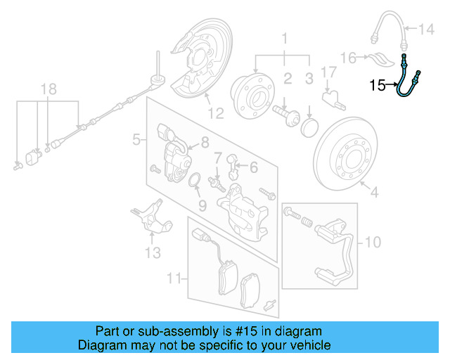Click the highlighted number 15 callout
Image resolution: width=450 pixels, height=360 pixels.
pyautogui.click(x=378, y=86)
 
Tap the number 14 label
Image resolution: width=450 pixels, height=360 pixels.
pyautogui.click(x=427, y=30)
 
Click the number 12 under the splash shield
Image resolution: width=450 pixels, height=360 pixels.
pyautogui.click(x=215, y=112)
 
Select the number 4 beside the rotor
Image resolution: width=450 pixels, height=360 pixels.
pyautogui.click(x=373, y=191)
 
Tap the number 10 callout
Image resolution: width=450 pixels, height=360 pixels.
pyautogui.click(x=373, y=243)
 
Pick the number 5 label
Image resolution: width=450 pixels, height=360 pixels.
pyautogui.click(x=136, y=141)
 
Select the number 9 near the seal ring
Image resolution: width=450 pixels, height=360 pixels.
pyautogui.click(x=202, y=206)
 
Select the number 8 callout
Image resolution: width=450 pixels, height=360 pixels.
pyautogui.click(x=205, y=142)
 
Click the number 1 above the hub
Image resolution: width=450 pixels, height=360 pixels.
pyautogui.click(x=285, y=37)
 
